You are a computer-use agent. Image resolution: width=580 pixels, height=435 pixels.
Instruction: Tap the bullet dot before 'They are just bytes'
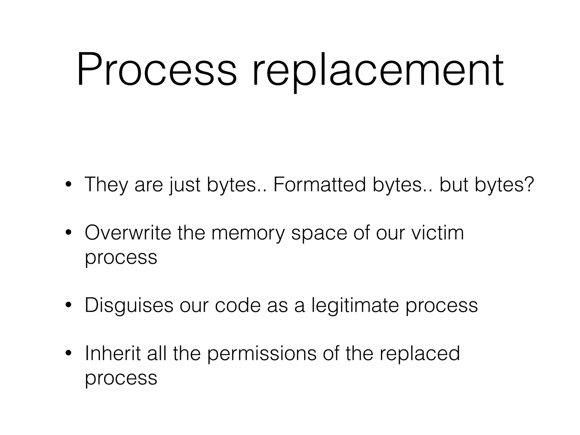pyautogui.click(x=68, y=184)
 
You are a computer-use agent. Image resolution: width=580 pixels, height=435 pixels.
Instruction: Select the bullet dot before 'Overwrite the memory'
pyautogui.click(x=68, y=233)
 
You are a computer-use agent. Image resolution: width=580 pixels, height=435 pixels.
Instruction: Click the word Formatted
pyautogui.click(x=319, y=184)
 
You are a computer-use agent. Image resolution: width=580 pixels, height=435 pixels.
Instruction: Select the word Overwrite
pyautogui.click(x=128, y=233)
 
